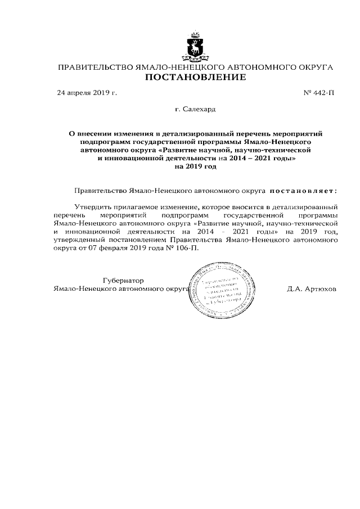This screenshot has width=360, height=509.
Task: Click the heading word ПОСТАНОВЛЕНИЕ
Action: pos(196,77)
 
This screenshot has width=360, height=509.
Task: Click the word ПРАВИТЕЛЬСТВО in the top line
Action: pos(93,67)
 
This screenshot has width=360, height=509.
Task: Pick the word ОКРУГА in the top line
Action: pos(311,67)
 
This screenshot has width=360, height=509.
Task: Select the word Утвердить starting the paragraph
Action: pos(92,207)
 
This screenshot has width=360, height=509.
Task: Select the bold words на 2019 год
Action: pos(196,166)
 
